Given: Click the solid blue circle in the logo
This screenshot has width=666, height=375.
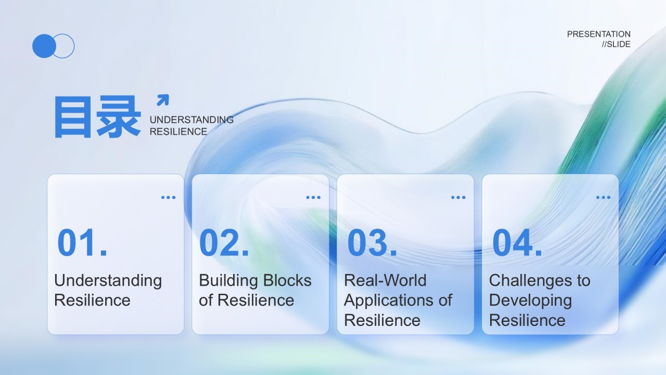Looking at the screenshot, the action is pyautogui.click(x=44, y=46).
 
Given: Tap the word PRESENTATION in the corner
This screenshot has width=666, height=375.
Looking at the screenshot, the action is pyautogui.click(x=598, y=34).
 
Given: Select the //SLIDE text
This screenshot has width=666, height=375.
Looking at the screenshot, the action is pyautogui.click(x=616, y=44).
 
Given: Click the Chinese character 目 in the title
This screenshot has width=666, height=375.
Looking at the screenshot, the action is pyautogui.click(x=73, y=117).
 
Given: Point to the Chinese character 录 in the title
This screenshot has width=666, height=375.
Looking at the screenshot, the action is pyautogui.click(x=118, y=117).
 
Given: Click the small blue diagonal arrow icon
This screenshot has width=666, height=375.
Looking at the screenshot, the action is pyautogui.click(x=163, y=100).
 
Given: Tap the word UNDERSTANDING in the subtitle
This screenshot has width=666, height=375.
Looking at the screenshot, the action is pyautogui.click(x=191, y=120).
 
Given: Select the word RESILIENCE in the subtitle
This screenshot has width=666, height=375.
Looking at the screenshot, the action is pyautogui.click(x=178, y=132).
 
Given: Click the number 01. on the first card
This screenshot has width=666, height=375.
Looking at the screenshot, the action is pyautogui.click(x=82, y=243).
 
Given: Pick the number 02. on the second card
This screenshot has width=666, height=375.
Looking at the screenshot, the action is pyautogui.click(x=224, y=243).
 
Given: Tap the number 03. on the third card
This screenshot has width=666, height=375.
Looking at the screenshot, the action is pyautogui.click(x=372, y=243).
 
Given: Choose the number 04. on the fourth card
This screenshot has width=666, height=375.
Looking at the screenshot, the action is pyautogui.click(x=517, y=243).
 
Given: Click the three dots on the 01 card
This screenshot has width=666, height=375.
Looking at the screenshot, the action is pyautogui.click(x=168, y=197).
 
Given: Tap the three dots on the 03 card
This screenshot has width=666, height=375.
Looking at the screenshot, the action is pyautogui.click(x=458, y=197).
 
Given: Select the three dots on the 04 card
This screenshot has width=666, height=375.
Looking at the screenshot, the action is pyautogui.click(x=603, y=197).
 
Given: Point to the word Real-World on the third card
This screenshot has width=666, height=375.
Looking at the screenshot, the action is pyautogui.click(x=385, y=280).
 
